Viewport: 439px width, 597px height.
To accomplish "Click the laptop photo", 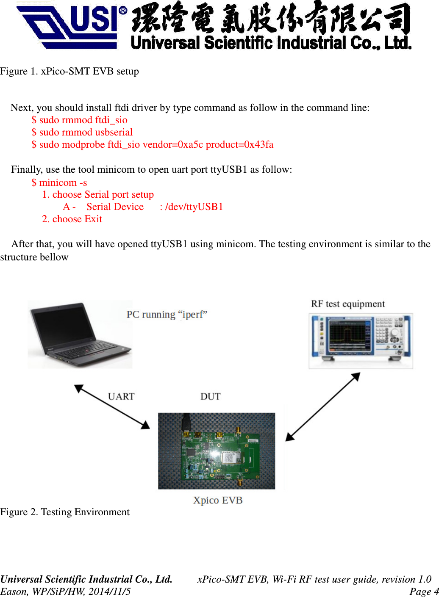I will (x=80, y=334).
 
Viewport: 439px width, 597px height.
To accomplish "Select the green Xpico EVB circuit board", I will (x=217, y=451).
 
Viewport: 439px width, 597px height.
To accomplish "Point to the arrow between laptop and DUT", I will (x=112, y=406).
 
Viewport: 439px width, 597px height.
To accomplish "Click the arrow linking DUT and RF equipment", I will (x=323, y=407).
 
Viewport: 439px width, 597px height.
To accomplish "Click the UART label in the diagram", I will (x=121, y=396).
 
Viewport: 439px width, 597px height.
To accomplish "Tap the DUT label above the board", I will (x=211, y=396).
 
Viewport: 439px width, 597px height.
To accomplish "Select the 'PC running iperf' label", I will (x=167, y=315).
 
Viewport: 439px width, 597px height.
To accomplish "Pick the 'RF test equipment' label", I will (x=348, y=304).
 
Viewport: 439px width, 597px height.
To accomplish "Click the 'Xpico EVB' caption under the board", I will (x=218, y=500).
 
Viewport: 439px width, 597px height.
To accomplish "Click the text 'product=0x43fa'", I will (x=240, y=145).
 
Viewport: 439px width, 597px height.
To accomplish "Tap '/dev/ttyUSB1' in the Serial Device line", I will (x=194, y=207).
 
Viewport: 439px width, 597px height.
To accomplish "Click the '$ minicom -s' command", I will (x=59, y=182).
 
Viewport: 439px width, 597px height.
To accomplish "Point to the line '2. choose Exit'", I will (x=72, y=219).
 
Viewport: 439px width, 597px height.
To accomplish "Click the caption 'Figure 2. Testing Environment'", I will (x=65, y=512).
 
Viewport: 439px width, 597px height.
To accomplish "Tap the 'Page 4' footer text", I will (x=423, y=591).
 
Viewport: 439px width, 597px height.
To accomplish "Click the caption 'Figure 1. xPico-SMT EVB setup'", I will (x=69, y=71).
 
